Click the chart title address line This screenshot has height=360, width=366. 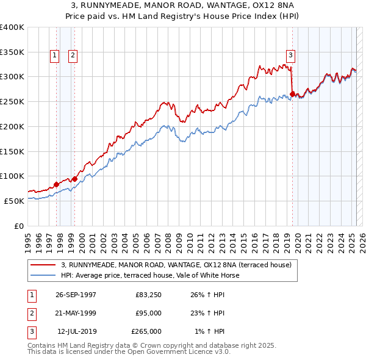click(183, 6)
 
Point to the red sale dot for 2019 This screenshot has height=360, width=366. click(293, 94)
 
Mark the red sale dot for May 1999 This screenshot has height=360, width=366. click(74, 179)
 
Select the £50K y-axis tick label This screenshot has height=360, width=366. click(14, 201)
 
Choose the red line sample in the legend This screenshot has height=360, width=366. click(43, 265)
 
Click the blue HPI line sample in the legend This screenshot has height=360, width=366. click(43, 275)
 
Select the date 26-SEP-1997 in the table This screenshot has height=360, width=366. click(76, 295)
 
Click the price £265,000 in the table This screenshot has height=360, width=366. click(146, 331)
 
